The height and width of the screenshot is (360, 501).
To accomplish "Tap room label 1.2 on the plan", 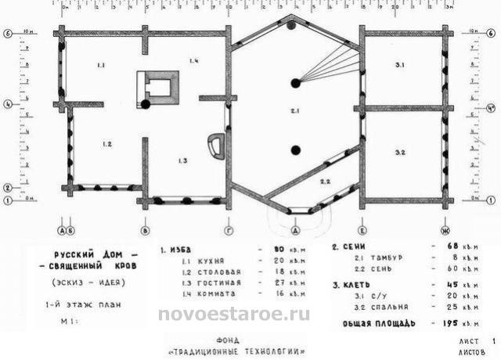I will [107, 144].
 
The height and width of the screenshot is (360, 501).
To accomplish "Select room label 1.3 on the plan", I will [182, 160].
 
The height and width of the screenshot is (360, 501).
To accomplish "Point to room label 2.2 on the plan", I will [324, 181].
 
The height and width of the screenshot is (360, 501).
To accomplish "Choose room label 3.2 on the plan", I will [399, 151].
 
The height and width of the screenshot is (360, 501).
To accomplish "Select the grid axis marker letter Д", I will [295, 232].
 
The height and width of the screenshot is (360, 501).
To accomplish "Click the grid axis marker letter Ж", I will [445, 231].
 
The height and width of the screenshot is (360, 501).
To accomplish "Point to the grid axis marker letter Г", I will [228, 231].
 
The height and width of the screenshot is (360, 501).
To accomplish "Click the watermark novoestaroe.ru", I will [234, 315].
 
